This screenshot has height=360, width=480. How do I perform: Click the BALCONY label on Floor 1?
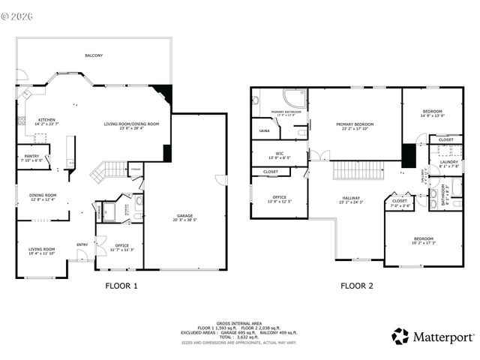pos(94,55)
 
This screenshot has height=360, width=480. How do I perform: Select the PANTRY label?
pos(32,156)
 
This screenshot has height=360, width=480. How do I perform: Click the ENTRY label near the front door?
pos(82,244)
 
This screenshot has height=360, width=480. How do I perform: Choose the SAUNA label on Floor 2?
pos(264,130)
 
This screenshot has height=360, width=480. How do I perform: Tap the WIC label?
pos(278,154)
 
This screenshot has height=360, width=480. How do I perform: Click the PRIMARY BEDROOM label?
pos(354,124)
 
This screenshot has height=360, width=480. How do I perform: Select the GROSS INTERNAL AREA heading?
pos(239,319)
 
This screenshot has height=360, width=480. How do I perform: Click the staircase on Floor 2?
pos(358,170)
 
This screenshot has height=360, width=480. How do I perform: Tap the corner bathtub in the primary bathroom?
pos(293,99)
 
